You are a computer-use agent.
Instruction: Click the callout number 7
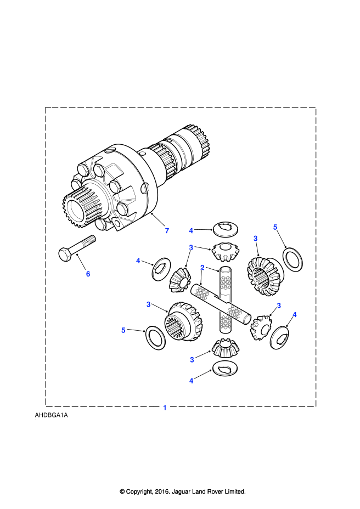click(x=167, y=230)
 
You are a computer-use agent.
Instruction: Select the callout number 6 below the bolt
click(x=88, y=274)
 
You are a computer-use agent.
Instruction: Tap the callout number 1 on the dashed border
click(x=165, y=408)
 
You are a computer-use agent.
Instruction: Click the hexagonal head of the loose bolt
click(x=65, y=255)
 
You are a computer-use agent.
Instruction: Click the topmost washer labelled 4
click(x=226, y=229)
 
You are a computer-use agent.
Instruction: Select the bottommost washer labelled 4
click(x=225, y=368)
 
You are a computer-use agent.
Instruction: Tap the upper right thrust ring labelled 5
click(x=293, y=259)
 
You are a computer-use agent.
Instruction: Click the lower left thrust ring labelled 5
click(x=155, y=338)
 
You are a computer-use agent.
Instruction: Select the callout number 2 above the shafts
click(x=202, y=268)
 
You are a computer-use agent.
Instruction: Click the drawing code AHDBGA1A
click(x=52, y=415)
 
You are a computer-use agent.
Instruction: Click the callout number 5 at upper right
click(x=275, y=227)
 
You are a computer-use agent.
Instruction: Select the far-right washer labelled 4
click(x=280, y=338)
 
